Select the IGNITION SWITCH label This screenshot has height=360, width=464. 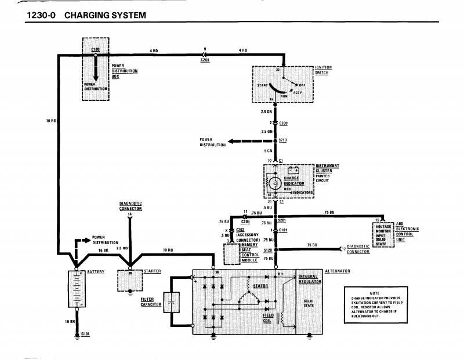tap(323, 71)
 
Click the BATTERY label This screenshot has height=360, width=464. tap(96, 271)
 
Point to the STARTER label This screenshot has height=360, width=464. tap(153, 271)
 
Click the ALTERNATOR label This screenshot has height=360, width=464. tap(337, 271)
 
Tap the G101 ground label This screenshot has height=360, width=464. tap(86, 334)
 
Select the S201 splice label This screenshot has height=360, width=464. tap(282, 220)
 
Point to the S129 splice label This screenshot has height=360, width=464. tap(267, 250)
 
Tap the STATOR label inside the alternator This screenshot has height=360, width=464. tap(260, 286)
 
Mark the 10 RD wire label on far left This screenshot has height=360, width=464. tap(50, 121)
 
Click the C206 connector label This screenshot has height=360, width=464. tap(245, 221)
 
